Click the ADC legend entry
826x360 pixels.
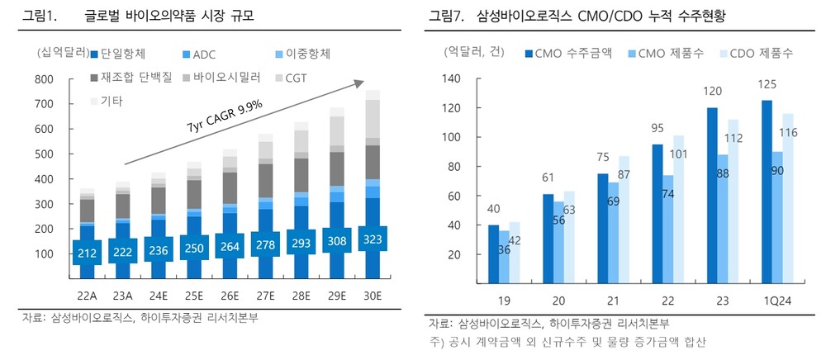pos(197,54)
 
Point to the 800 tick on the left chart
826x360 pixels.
pos(45,79)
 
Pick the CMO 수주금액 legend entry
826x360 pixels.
pos(569,53)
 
